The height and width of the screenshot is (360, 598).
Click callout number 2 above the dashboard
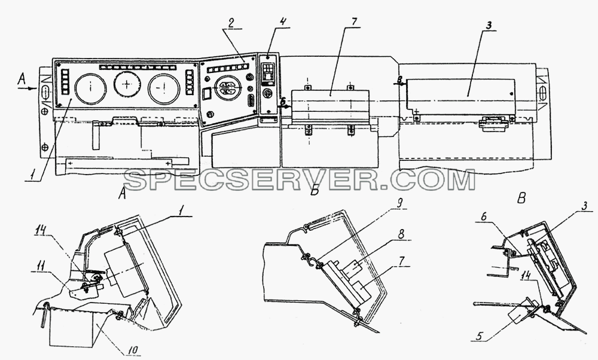click(231, 23)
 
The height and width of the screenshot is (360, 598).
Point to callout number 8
click(401, 234)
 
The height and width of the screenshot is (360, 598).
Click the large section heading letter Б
click(315, 190)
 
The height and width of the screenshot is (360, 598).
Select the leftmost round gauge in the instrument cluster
click(90, 89)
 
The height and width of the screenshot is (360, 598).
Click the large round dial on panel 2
click(227, 89)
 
